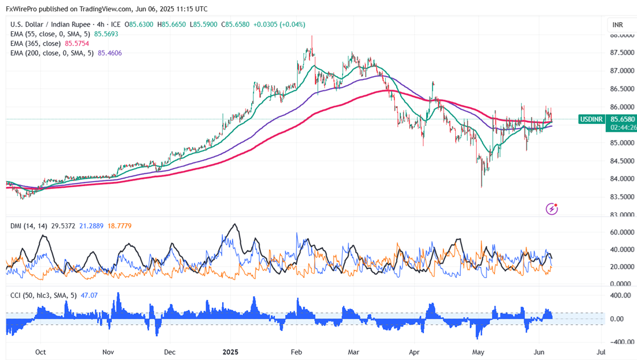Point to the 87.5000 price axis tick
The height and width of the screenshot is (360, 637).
(622, 53)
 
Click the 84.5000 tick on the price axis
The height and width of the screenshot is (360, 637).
(622, 161)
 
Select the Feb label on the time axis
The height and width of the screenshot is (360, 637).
(295, 352)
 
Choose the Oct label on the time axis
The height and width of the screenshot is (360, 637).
(40, 352)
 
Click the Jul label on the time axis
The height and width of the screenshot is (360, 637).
(601, 352)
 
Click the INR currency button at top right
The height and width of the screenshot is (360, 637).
(618, 25)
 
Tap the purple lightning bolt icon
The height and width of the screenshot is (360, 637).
(551, 209)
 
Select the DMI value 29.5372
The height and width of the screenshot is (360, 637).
(61, 226)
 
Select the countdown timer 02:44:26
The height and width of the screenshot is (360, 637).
(624, 128)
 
